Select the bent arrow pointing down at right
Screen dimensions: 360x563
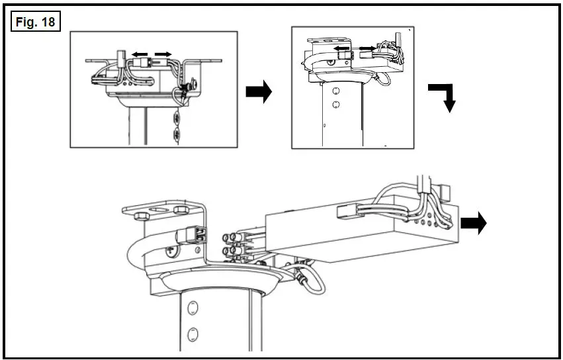click(443, 98)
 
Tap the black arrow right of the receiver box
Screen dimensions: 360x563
click(474, 224)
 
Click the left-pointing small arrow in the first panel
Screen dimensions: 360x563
click(138, 54)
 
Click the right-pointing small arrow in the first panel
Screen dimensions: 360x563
click(163, 54)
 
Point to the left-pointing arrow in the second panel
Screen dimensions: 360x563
click(341, 48)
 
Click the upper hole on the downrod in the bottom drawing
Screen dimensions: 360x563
click(193, 307)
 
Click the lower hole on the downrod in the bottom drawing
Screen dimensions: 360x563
click(193, 332)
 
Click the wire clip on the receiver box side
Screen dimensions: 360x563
click(349, 211)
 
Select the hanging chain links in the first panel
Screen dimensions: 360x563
click(177, 126)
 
